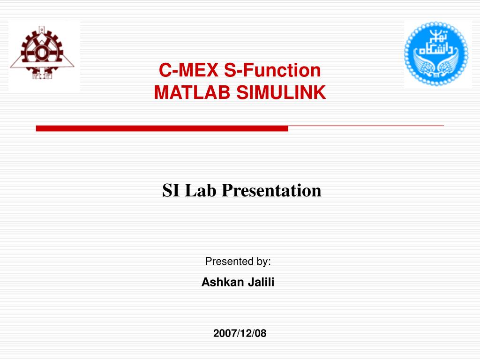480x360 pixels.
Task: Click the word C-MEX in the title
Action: (x=188, y=70)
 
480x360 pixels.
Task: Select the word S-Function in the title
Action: (x=272, y=70)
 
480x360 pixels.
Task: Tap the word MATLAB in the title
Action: (x=192, y=92)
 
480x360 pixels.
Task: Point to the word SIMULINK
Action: (x=281, y=92)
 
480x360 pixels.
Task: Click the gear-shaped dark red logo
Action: (x=42, y=53)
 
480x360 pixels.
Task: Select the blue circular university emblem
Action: (x=436, y=53)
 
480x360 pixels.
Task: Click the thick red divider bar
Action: (x=162, y=128)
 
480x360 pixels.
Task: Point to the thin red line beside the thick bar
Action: (x=366, y=126)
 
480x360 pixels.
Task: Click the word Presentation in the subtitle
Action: (x=271, y=190)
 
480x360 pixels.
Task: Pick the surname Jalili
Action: (x=261, y=282)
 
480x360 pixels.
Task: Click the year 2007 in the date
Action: (x=225, y=333)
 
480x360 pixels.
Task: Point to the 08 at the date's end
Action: (x=260, y=333)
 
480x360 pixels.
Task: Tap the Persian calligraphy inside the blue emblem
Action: (x=435, y=45)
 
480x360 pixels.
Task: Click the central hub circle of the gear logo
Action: (x=42, y=52)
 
